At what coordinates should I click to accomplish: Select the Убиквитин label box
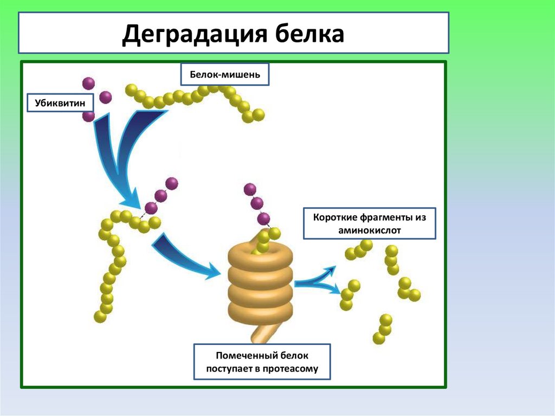pyautogui.click(x=60, y=102)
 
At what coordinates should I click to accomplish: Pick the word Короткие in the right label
pyautogui.click(x=334, y=217)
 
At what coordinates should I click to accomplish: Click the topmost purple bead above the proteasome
pyautogui.click(x=250, y=189)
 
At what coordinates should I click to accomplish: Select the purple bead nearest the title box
pyautogui.click(x=88, y=83)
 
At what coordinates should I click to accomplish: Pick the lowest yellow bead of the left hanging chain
pyautogui.click(x=99, y=317)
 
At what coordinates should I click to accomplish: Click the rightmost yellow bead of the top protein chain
pyautogui.click(x=259, y=114)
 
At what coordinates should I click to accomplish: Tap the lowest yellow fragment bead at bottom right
pyautogui.click(x=379, y=338)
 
